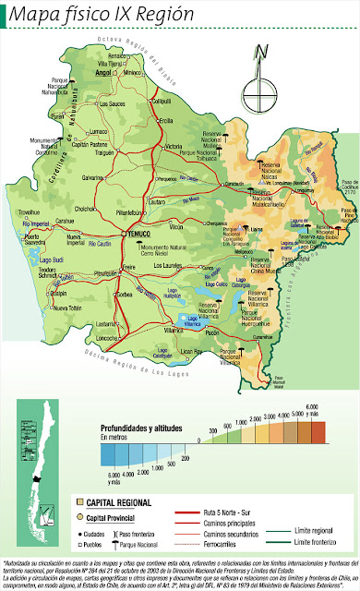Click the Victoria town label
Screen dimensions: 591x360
click(x=173, y=147)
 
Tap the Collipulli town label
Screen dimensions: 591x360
click(x=162, y=101)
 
